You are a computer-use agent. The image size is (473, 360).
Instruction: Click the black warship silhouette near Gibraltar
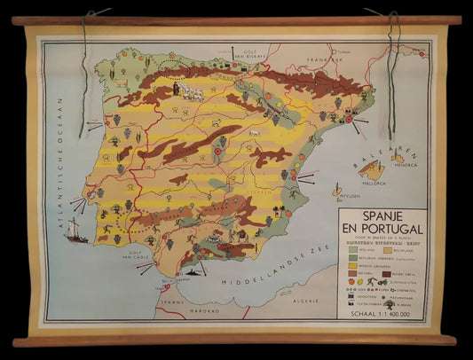tap(190, 277)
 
